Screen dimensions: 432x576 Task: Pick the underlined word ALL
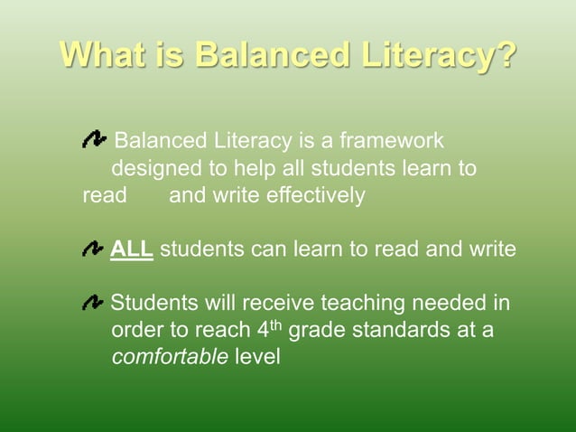132,249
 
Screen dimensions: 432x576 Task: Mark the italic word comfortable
169,356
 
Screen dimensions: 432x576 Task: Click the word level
256,356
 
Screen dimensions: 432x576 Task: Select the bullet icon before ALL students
92,248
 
